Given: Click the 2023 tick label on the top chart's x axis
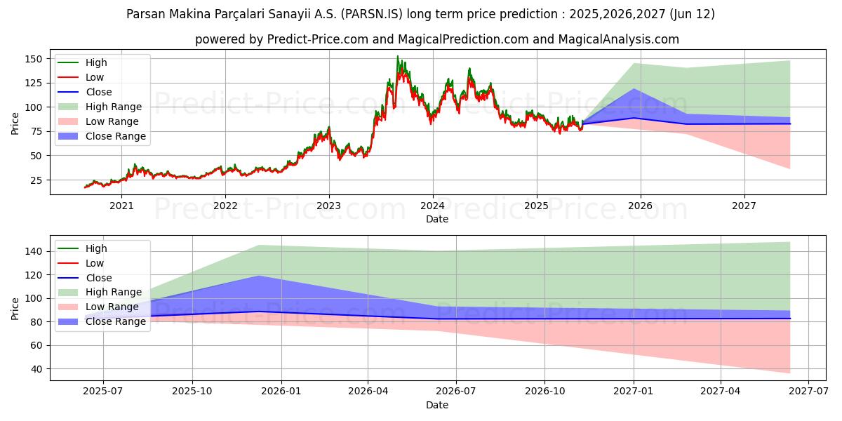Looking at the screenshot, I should pos(328,206).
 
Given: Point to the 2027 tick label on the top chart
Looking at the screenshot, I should pos(744,206).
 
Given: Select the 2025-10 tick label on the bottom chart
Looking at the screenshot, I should pos(192,392).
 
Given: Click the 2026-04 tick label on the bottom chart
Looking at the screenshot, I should pos(368,392).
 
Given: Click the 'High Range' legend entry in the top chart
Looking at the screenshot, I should pos(113,107).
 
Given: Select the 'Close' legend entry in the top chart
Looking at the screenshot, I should pos(98,92).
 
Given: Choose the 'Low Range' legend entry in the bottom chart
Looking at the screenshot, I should pos(112,307).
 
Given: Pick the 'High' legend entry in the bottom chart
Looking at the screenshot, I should pos(96,248).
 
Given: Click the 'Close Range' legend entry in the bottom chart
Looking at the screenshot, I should pos(116,321).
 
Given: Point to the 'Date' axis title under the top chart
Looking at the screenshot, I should pos(437,219).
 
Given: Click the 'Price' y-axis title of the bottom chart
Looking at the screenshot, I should pos(15,308).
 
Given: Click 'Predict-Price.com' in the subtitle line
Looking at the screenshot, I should pos(318,39).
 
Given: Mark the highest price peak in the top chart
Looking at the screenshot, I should pos(397,56).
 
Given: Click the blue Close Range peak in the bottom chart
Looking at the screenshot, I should pos(259,276).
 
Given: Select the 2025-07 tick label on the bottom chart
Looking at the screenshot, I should pos(103,392).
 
